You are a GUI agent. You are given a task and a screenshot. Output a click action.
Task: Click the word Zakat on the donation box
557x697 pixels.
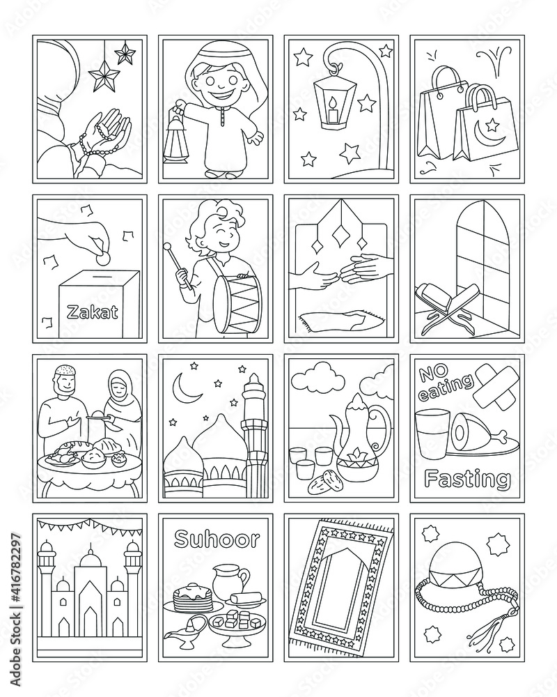(x=93, y=312)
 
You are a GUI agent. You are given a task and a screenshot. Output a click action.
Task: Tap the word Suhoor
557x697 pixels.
(x=217, y=539)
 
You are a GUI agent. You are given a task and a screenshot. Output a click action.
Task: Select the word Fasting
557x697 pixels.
(x=466, y=479)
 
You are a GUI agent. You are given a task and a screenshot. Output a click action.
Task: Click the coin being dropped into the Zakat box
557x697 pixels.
(x=102, y=258)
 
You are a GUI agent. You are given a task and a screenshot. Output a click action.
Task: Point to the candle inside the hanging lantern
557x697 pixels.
(x=333, y=112)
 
